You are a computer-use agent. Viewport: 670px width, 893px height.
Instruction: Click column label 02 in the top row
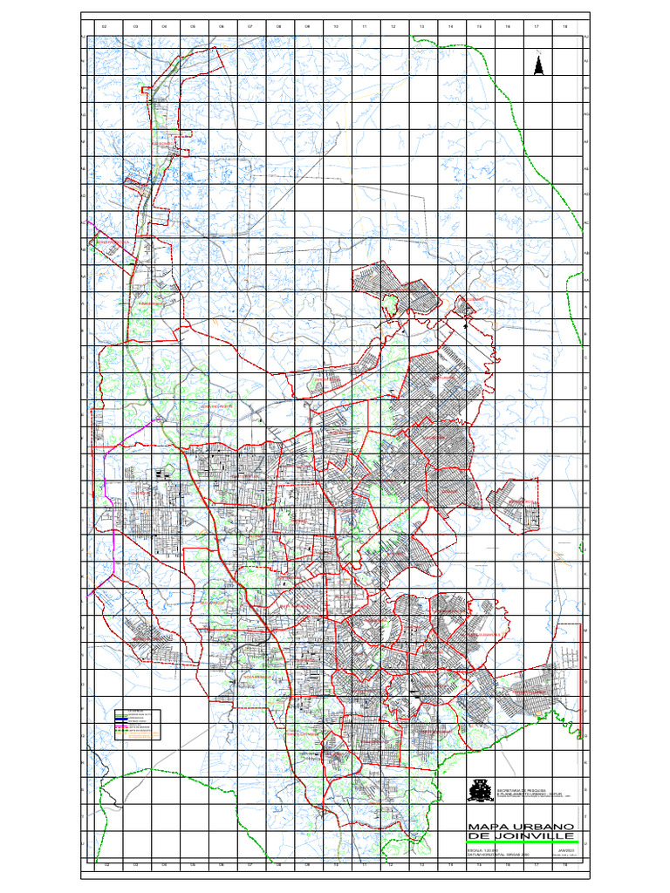[x=105, y=27]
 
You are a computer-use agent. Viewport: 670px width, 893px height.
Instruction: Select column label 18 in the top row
[x=565, y=27]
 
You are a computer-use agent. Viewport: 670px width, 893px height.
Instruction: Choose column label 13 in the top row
[x=421, y=27]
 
